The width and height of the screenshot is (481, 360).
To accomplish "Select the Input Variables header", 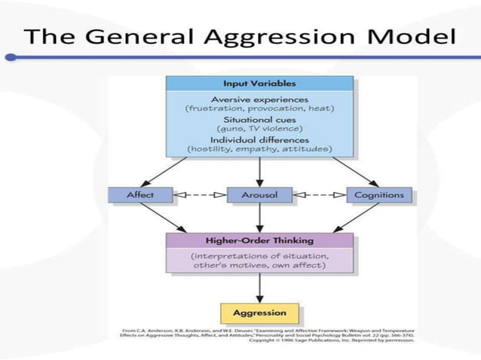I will point(259,83).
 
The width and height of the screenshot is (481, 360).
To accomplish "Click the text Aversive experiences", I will point(259,99).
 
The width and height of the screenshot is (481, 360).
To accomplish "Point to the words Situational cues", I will point(259,119).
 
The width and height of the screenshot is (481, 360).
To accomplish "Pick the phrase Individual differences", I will point(259,139).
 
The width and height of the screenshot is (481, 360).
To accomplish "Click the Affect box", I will point(140,195).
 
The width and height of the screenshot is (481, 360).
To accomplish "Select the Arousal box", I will point(259,195).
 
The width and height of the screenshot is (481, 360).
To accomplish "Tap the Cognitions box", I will point(379,195).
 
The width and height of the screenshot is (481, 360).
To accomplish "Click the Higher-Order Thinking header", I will point(259,241).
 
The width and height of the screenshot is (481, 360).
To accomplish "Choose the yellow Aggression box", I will point(259,312).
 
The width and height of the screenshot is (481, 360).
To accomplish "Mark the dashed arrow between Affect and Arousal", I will point(200,195).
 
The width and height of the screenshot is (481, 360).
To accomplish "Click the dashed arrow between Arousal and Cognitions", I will point(319,195).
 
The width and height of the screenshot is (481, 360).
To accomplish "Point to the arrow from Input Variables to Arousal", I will point(259,172).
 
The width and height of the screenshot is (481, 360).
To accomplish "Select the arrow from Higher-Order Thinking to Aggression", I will point(259,286).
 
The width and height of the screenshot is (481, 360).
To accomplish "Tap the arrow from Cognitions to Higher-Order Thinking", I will point(354,218).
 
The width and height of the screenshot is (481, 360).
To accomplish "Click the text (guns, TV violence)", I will point(259,129).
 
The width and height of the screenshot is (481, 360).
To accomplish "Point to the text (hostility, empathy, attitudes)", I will point(259,149).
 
